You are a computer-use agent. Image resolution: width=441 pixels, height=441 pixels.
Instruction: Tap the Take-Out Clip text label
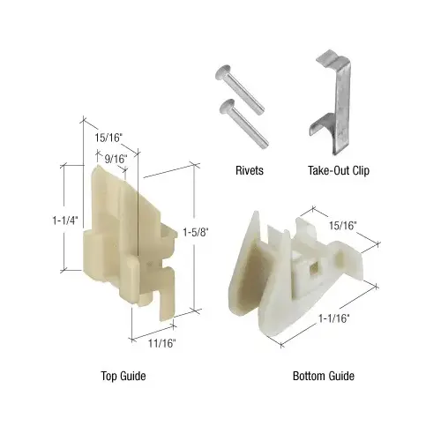pyautogui.click(x=339, y=171)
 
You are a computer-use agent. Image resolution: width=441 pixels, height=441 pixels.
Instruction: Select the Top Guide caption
pyautogui.click(x=123, y=377)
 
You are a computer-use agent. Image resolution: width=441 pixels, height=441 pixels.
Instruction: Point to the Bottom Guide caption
pyautogui.click(x=324, y=377)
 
